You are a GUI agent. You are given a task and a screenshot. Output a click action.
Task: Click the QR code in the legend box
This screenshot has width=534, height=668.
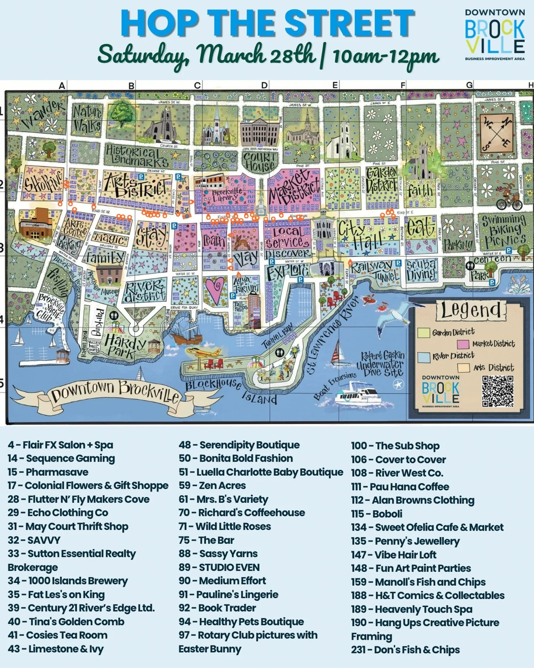tap(498, 391)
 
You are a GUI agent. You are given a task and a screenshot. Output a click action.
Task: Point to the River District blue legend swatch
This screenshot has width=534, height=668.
tap(423, 357)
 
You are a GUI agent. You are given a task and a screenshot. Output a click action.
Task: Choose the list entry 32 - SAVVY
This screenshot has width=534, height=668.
tap(34, 540)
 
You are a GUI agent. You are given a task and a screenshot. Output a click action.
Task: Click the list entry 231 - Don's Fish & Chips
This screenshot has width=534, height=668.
tap(405, 650)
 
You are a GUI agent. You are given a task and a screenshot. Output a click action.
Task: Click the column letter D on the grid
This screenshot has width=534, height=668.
tap(264, 86)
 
